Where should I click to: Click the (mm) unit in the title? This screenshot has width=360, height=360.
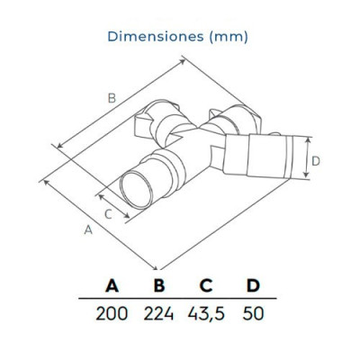[226, 37]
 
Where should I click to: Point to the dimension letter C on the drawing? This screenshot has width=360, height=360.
[108, 213]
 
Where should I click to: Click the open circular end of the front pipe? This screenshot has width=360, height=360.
[139, 191]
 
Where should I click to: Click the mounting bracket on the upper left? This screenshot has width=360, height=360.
[151, 125]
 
